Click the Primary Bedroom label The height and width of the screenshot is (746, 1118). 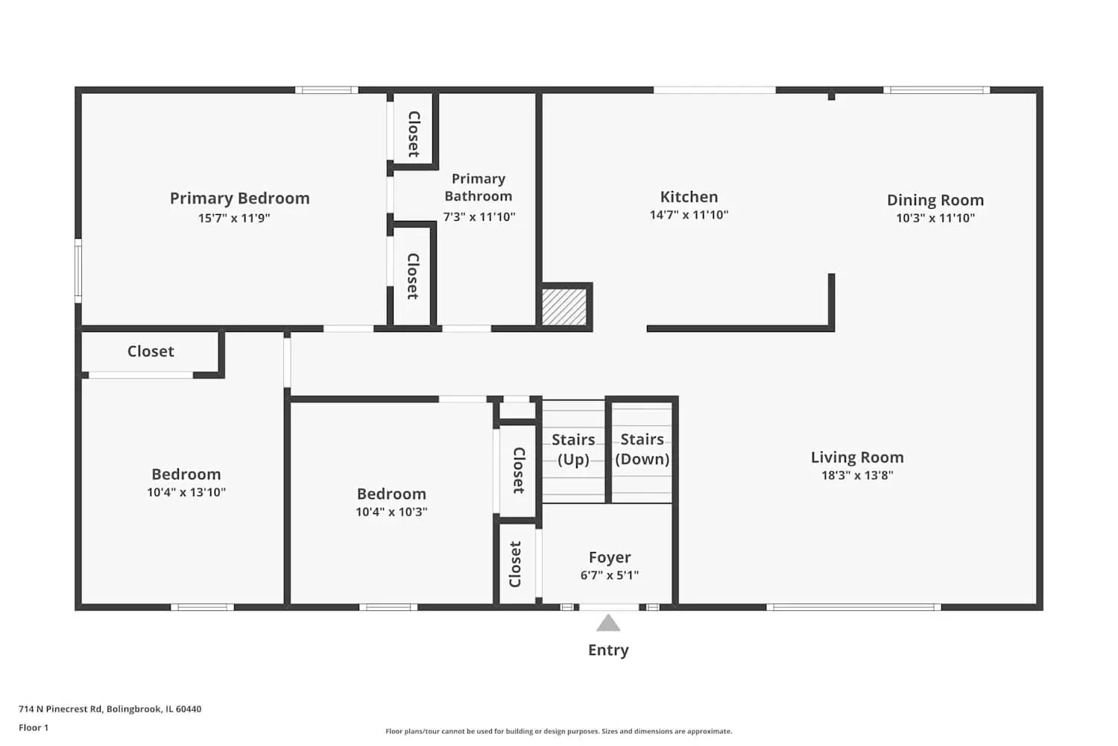(239, 198)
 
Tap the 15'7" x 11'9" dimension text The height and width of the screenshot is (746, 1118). (234, 218)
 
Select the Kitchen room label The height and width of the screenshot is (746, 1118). (689, 197)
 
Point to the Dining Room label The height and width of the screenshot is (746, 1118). (935, 200)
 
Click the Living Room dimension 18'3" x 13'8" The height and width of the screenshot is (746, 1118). (857, 475)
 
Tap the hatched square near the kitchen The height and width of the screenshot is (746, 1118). (564, 307)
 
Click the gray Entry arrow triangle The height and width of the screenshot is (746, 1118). (608, 624)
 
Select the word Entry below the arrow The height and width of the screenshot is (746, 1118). (608, 650)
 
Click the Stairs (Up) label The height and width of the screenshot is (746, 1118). (573, 449)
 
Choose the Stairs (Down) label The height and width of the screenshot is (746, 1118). (642, 449)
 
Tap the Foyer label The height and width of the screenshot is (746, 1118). (610, 557)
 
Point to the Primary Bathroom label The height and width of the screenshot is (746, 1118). (479, 187)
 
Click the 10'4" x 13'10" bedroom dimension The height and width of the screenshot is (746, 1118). (186, 492)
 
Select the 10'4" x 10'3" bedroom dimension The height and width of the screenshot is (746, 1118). (391, 512)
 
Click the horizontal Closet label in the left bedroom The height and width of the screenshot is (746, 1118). (151, 351)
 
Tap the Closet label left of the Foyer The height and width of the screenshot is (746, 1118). (515, 564)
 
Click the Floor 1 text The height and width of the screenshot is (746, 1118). (34, 727)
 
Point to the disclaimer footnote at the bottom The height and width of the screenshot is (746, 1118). (558, 731)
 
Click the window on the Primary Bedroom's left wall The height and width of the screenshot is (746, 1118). (78, 270)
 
